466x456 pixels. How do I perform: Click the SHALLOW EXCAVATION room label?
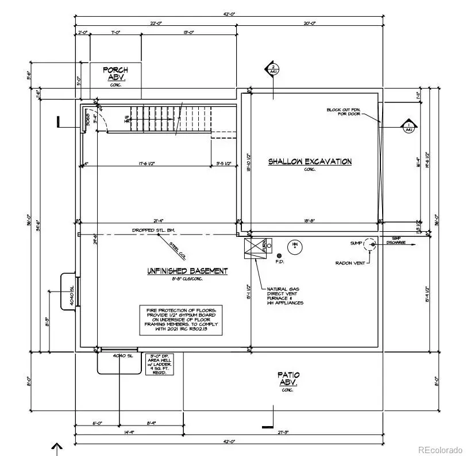tap(310, 162)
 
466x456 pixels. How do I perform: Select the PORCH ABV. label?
tap(115, 74)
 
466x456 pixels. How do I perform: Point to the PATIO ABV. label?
tap(288, 379)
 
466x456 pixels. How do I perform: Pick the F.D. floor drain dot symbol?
tap(279, 255)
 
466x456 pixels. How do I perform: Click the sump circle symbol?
tap(372, 244)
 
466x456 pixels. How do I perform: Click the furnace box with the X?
tap(254, 248)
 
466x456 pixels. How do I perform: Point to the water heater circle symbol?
tap(294, 246)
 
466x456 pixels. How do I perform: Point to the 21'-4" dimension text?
tap(159, 220)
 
